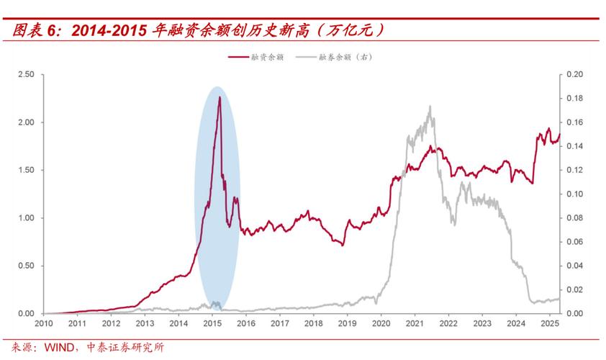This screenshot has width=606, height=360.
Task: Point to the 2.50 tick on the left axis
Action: pyautogui.click(x=26, y=74)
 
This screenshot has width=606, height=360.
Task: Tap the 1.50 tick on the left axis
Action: pyautogui.click(x=26, y=170)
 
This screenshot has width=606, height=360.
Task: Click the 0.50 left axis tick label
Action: pyautogui.click(x=26, y=266)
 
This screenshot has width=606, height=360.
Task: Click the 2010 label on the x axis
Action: pyautogui.click(x=44, y=324)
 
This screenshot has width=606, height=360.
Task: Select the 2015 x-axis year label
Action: pyautogui.click(x=212, y=324)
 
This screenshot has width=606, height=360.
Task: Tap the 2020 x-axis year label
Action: pyautogui.click(x=381, y=324)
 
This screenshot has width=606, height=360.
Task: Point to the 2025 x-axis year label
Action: pyautogui.click(x=549, y=324)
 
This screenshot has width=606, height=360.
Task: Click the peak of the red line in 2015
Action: pyautogui.click(x=220, y=96)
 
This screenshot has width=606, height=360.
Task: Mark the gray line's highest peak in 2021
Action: pyautogui.click(x=430, y=107)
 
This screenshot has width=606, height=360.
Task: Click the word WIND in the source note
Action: pyautogui.click(x=60, y=348)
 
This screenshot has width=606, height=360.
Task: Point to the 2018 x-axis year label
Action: pyautogui.click(x=313, y=324)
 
